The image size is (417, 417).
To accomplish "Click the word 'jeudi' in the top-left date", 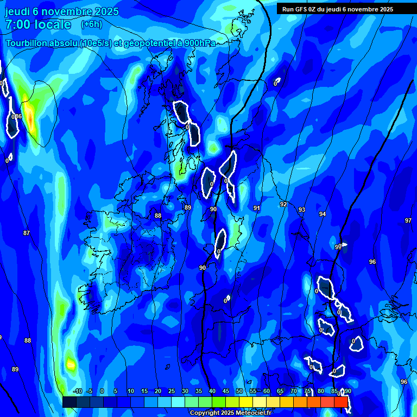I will [18, 12].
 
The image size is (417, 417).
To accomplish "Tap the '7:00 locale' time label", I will [38, 24].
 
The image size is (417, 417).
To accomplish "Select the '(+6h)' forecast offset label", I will [91, 24].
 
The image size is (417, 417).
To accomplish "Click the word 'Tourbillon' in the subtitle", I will [28, 43].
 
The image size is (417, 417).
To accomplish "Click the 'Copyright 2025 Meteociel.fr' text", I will [230, 413].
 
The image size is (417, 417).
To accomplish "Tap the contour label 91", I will [257, 208].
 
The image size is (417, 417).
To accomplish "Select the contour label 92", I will [283, 204].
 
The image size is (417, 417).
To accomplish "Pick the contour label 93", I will [302, 210].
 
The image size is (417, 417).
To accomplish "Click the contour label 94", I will [323, 214].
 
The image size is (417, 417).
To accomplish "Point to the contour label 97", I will [408, 220].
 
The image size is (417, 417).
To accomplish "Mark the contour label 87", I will [27, 233].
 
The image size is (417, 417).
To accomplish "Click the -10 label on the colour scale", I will [77, 391].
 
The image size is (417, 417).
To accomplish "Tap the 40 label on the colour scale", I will [212, 391].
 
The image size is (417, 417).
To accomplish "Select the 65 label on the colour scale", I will [280, 391].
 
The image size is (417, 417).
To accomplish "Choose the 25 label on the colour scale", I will [172, 391].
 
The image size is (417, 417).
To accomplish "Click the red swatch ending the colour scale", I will [341, 402].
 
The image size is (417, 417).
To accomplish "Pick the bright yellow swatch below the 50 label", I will [246, 402].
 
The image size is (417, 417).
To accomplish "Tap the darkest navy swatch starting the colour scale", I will [69, 402].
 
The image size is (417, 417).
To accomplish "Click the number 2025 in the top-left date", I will [103, 12].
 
